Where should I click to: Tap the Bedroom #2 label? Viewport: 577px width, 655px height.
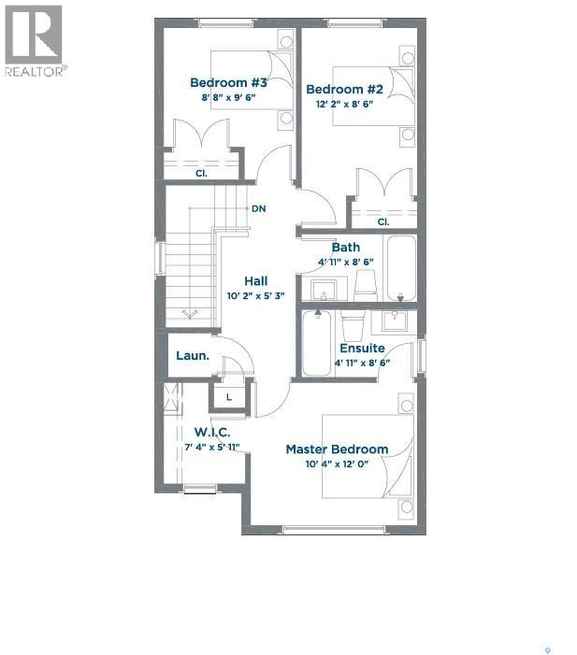345,90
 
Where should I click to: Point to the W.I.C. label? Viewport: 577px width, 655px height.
212,432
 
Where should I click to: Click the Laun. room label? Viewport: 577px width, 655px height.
193,356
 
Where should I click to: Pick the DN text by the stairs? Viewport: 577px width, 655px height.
259,208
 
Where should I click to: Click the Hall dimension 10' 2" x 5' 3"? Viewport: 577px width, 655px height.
255,295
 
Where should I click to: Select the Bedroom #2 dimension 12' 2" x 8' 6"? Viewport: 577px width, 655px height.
346,105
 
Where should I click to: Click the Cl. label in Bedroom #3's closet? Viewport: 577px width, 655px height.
200,173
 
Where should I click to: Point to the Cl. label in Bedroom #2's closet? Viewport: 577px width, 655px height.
383,221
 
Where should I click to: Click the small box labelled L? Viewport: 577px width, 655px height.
228,398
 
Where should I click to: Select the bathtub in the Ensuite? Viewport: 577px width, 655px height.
316,343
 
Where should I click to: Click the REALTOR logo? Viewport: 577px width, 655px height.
35,40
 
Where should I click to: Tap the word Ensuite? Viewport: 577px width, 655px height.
362,348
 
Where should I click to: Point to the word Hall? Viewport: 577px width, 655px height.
255,280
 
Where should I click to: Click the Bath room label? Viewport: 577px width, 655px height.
346,247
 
